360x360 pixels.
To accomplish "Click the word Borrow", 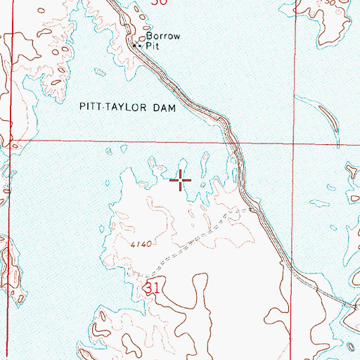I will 159,37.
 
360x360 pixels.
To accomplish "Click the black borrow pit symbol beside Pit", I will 136,45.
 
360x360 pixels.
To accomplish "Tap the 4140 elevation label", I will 141,244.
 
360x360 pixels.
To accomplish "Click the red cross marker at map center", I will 181,181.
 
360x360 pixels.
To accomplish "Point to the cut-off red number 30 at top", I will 160,2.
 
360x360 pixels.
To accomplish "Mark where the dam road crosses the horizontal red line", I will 234,141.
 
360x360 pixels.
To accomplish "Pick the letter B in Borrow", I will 148,37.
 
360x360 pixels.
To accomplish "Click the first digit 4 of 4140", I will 132,244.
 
